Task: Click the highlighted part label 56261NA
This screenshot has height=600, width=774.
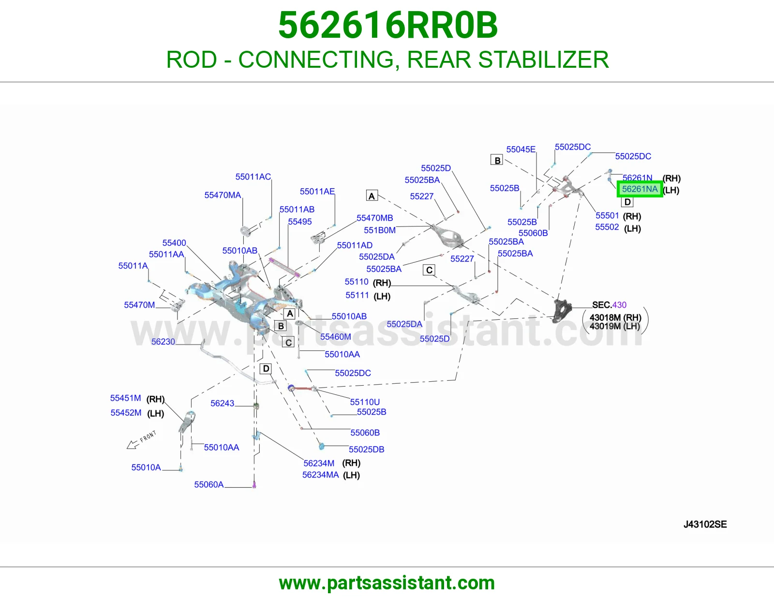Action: tap(640, 189)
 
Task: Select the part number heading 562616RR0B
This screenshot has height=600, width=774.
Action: tap(387, 25)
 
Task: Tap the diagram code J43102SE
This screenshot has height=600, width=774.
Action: tap(705, 525)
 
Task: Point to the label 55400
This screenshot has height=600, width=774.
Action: tap(174, 243)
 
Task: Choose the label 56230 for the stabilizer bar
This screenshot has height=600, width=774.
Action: tap(163, 342)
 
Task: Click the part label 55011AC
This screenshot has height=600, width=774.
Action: tap(253, 177)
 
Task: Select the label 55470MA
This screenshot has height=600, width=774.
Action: tap(223, 195)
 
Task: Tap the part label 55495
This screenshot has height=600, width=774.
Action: tap(300, 222)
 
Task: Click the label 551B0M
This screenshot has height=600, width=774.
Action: tap(380, 230)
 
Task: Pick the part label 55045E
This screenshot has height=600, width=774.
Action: tap(521, 150)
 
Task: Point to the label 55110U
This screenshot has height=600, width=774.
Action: tap(365, 402)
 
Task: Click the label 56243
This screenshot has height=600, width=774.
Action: tap(222, 404)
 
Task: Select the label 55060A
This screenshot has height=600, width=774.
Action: tap(208, 484)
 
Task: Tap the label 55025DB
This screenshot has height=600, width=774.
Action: tap(367, 450)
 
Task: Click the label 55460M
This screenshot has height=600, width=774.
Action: tap(336, 337)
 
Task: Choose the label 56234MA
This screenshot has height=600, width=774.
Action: tap(321, 475)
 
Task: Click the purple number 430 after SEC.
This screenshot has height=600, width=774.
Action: tap(619, 305)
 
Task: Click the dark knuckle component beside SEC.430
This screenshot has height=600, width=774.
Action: tap(562, 311)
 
